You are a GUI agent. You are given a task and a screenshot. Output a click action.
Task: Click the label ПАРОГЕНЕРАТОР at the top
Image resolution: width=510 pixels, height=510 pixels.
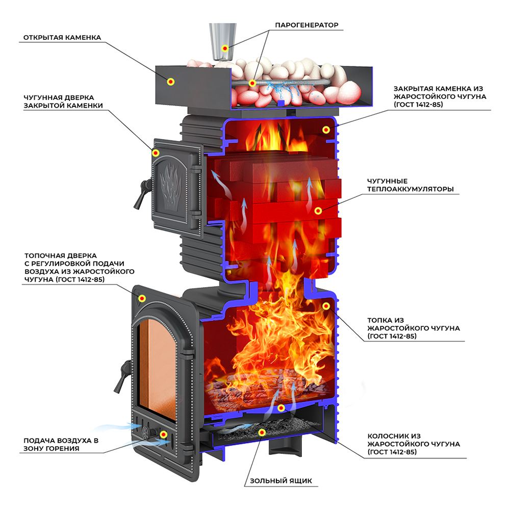[x=307, y=25]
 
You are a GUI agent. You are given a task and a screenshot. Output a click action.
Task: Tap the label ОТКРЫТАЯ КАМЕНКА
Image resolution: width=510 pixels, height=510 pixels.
[x=62, y=38]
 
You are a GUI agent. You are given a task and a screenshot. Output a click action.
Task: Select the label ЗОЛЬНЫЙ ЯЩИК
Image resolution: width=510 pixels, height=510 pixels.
[x=280, y=480]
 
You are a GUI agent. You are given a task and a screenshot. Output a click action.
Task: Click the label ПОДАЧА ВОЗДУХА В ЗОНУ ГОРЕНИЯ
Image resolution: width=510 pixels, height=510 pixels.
[x=61, y=444]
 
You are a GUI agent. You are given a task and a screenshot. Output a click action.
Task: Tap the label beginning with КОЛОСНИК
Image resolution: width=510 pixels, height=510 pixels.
[x=414, y=444]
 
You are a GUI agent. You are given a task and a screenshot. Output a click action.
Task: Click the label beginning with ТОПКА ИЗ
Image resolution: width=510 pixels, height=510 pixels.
[x=413, y=328]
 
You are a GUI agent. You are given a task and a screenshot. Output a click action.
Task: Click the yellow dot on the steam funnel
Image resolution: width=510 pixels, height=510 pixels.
[x=225, y=48]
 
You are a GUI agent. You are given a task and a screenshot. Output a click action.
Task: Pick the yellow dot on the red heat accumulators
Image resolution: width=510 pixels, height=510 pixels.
[x=317, y=210]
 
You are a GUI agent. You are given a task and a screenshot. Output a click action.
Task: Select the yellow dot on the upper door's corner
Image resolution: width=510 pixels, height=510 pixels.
[x=156, y=152]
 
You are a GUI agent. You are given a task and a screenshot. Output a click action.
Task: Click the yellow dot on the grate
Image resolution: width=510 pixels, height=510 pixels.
[x=281, y=408]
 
